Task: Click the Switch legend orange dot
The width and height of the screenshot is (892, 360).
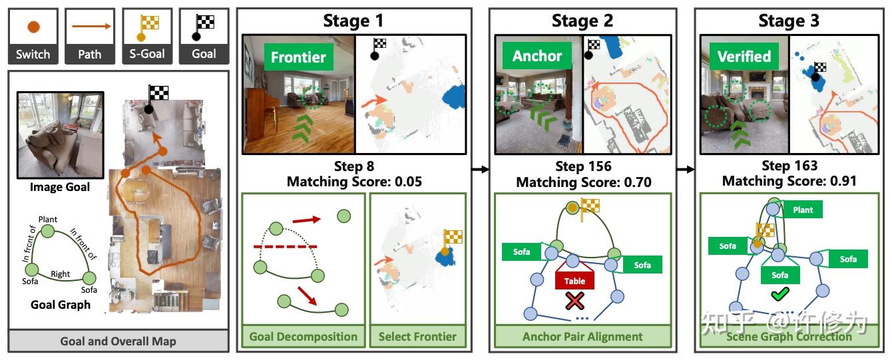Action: click(33, 27)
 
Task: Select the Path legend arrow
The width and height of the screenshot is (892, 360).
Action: click(89, 27)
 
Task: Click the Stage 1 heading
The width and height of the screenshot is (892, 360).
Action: click(355, 21)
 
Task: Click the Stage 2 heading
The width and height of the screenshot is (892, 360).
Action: click(583, 21)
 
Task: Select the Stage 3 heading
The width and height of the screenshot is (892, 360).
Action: click(789, 21)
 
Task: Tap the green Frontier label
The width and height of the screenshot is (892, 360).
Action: click(298, 57)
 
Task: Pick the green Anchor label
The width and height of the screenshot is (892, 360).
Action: click(537, 56)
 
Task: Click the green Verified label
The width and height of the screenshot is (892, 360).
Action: click(744, 57)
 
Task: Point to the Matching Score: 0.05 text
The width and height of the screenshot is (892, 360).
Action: click(354, 182)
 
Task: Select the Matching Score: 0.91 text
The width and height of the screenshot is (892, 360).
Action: click(789, 181)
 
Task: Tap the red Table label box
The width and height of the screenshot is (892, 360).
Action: click(574, 281)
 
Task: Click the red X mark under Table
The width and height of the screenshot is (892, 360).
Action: click(574, 301)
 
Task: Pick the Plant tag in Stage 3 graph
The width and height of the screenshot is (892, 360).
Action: click(803, 210)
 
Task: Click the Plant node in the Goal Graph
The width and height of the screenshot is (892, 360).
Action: click(47, 230)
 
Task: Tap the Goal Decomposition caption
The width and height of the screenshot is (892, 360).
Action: click(303, 337)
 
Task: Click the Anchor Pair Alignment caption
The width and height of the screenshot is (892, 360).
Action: click(583, 337)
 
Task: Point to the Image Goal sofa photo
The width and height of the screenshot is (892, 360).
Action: click(60, 135)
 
